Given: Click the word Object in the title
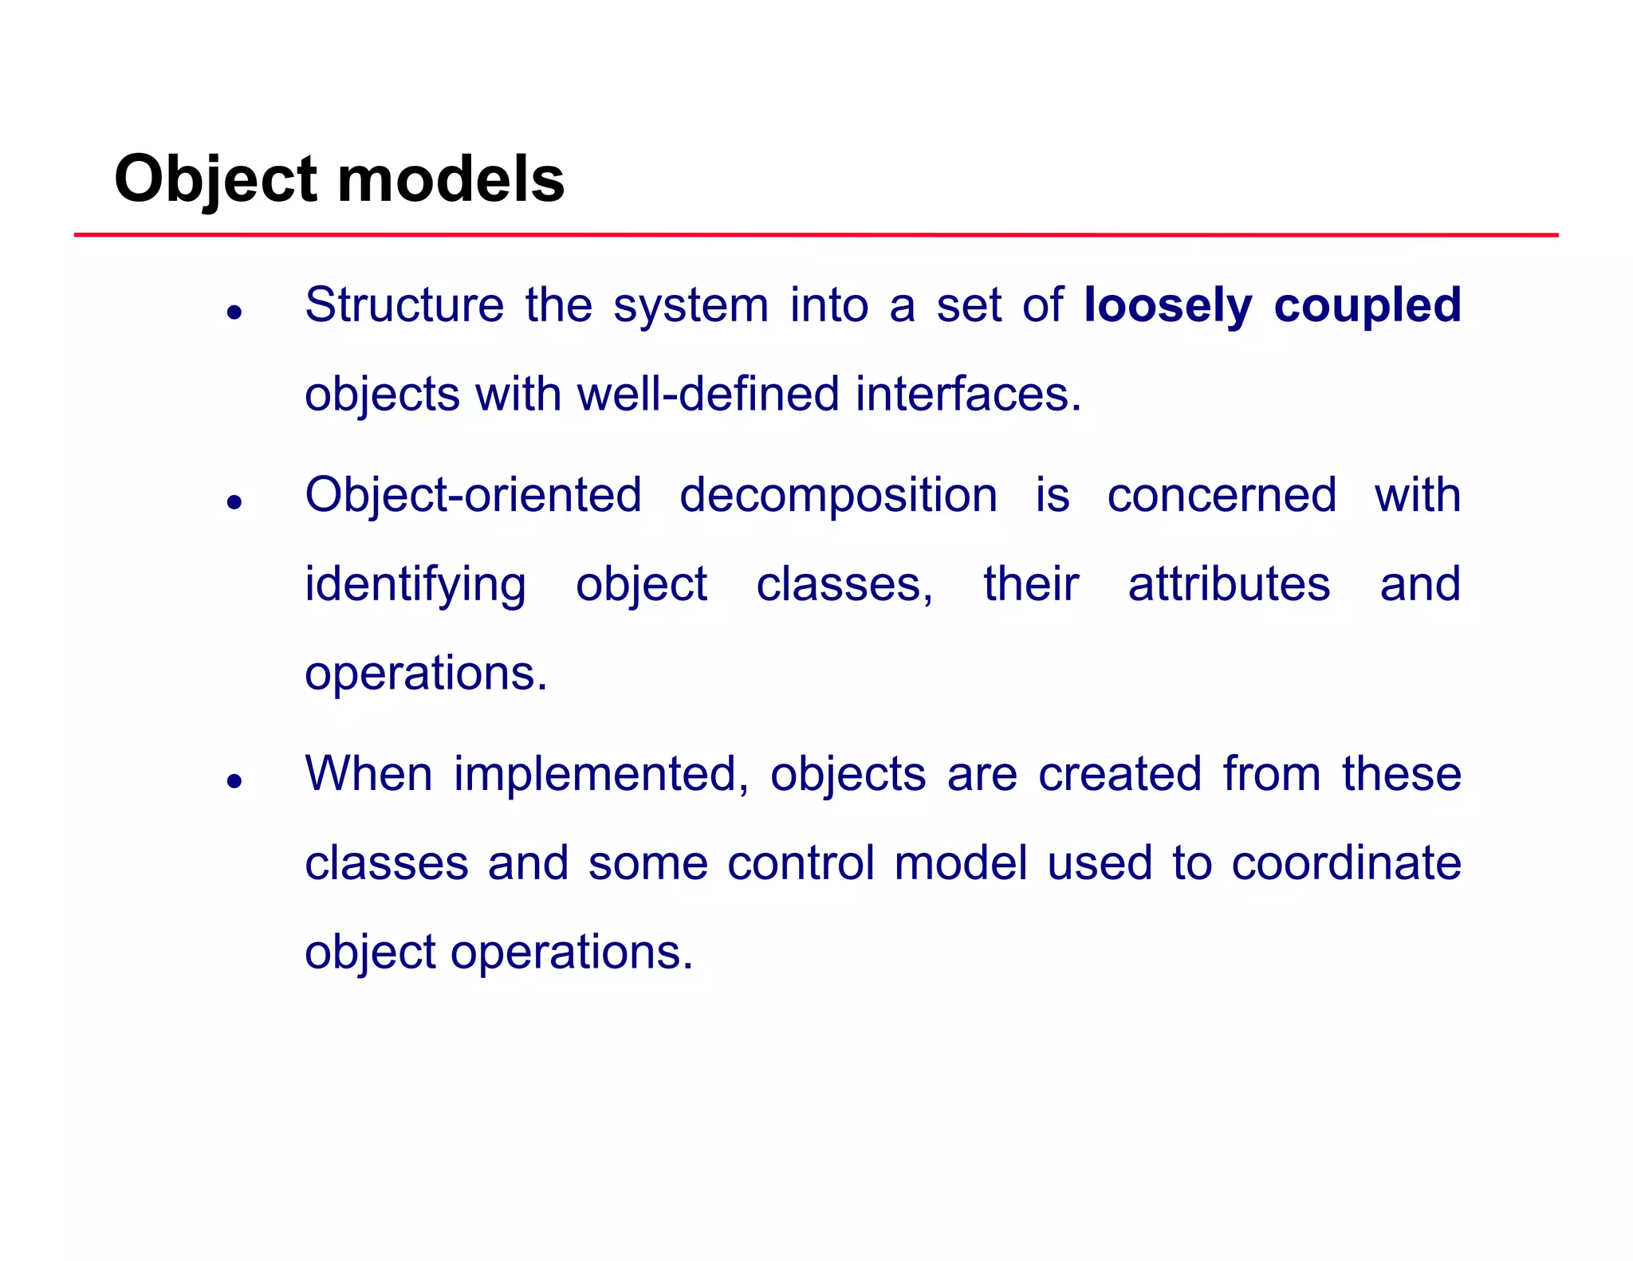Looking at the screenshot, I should pos(216,179).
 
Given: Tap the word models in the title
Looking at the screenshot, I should pos(451,179).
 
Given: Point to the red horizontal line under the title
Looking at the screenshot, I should pos(816,235).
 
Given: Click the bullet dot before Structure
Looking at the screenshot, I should pos(234,312).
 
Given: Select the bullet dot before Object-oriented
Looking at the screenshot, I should pos(234,502).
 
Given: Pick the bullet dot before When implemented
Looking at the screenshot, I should pos(234,781).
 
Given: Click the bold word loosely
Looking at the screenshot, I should pos(1168,306).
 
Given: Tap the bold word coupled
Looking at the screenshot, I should pos(1367,306).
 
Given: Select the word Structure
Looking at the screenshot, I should pos(404,304).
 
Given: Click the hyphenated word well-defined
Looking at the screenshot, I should pos(708,395).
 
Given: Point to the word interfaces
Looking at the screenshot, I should pos(968,395).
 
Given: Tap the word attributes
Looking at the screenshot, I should pos(1229,584).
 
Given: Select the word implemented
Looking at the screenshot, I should pos(601,775).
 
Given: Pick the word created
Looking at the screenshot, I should pos(1119,774).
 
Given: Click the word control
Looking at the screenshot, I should pos(801,863).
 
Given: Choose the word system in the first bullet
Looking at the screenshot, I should pos(691,306).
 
